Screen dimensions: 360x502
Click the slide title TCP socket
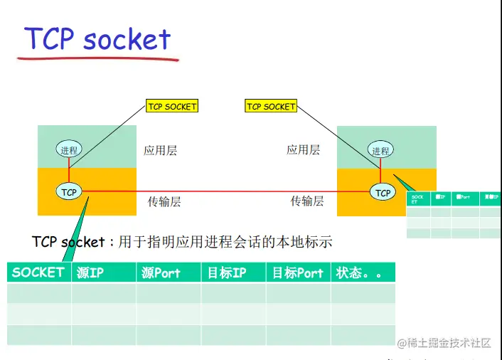tap(98, 38)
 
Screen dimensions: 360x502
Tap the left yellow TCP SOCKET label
tap(171, 107)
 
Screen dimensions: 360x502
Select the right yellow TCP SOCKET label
tap(270, 107)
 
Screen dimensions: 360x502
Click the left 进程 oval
tap(69, 150)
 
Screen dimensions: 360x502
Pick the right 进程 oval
tap(380, 150)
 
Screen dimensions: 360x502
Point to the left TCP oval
tap(69, 192)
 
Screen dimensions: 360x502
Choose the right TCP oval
tap(383, 192)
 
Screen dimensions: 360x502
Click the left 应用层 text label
tap(160, 150)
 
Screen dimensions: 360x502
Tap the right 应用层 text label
tap(303, 150)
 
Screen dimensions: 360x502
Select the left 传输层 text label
tap(164, 201)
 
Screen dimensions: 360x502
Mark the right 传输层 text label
tap(307, 201)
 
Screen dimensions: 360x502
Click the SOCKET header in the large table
tap(38, 272)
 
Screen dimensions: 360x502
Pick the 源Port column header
tap(161, 272)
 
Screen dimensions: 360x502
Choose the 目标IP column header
tap(226, 272)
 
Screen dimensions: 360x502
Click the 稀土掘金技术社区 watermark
tap(444, 343)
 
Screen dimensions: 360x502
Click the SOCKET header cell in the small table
tap(418, 199)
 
